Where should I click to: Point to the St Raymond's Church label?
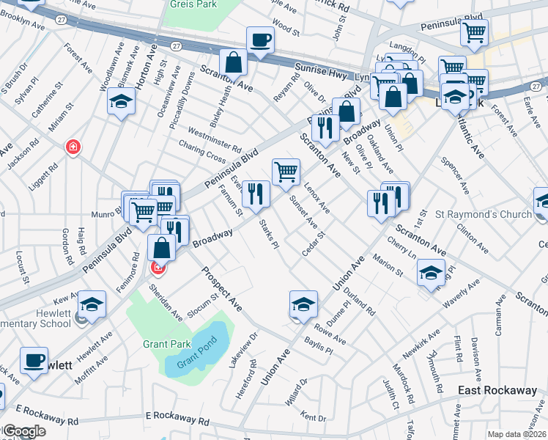pyautogui.click(x=483, y=214)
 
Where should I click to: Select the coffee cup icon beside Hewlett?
pyautogui.click(x=33, y=361)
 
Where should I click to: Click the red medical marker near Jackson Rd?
pyautogui.click(x=73, y=147)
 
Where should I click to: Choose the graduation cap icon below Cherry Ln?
pyautogui.click(x=431, y=273)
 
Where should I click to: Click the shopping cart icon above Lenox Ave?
pyautogui.click(x=286, y=172)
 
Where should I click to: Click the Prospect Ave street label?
pyautogui.click(x=223, y=289)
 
